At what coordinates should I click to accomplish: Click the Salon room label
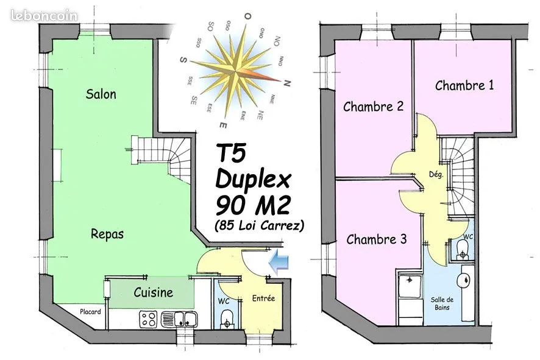click(101, 94)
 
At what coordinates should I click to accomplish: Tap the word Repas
click(107, 234)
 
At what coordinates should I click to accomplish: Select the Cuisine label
click(153, 292)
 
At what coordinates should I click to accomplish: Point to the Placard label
click(90, 312)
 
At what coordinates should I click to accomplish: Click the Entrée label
click(263, 298)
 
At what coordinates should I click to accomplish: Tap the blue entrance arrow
click(279, 263)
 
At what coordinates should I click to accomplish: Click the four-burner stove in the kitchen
click(149, 319)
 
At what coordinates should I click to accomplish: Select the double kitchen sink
click(179, 319)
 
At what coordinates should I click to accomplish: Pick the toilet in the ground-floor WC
click(227, 319)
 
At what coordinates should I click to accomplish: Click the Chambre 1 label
click(464, 85)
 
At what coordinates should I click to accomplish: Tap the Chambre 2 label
click(373, 107)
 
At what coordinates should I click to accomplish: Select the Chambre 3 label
click(377, 239)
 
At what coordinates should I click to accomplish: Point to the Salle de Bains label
click(442, 303)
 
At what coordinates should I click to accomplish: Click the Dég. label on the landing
click(436, 174)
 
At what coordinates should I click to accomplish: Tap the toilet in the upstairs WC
click(462, 250)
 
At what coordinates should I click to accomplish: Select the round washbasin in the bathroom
click(464, 280)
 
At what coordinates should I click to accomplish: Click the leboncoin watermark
click(44, 15)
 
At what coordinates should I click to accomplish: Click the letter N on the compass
click(287, 83)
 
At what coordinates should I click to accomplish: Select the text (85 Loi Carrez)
click(259, 226)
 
